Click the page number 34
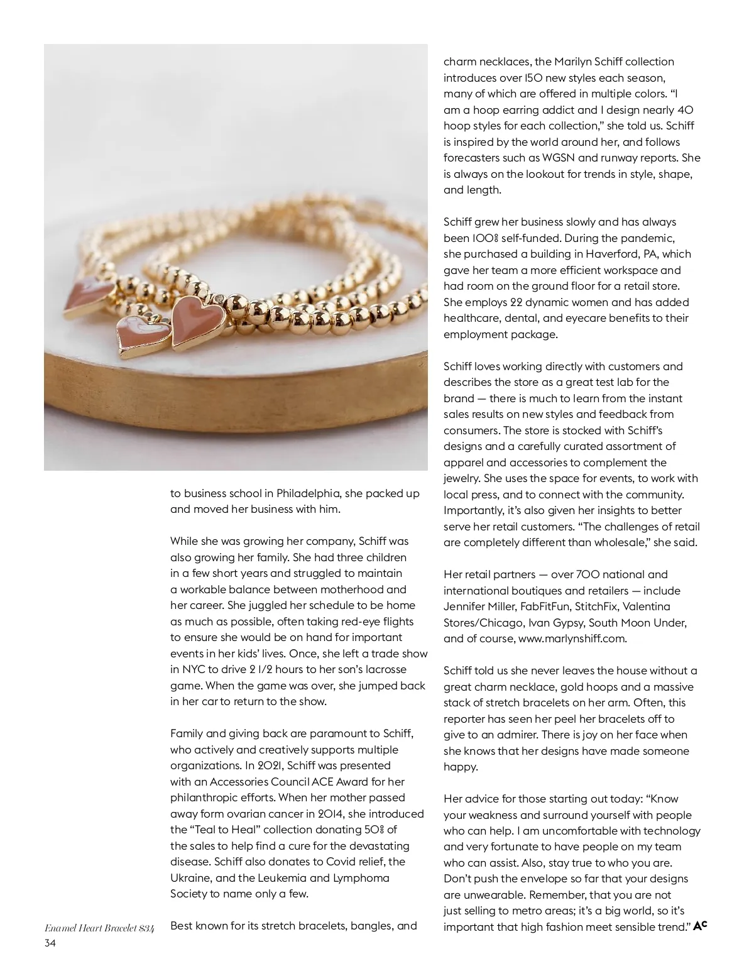[50, 943]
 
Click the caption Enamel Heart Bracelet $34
[99, 927]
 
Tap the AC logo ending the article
[701, 925]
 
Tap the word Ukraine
[191, 878]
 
